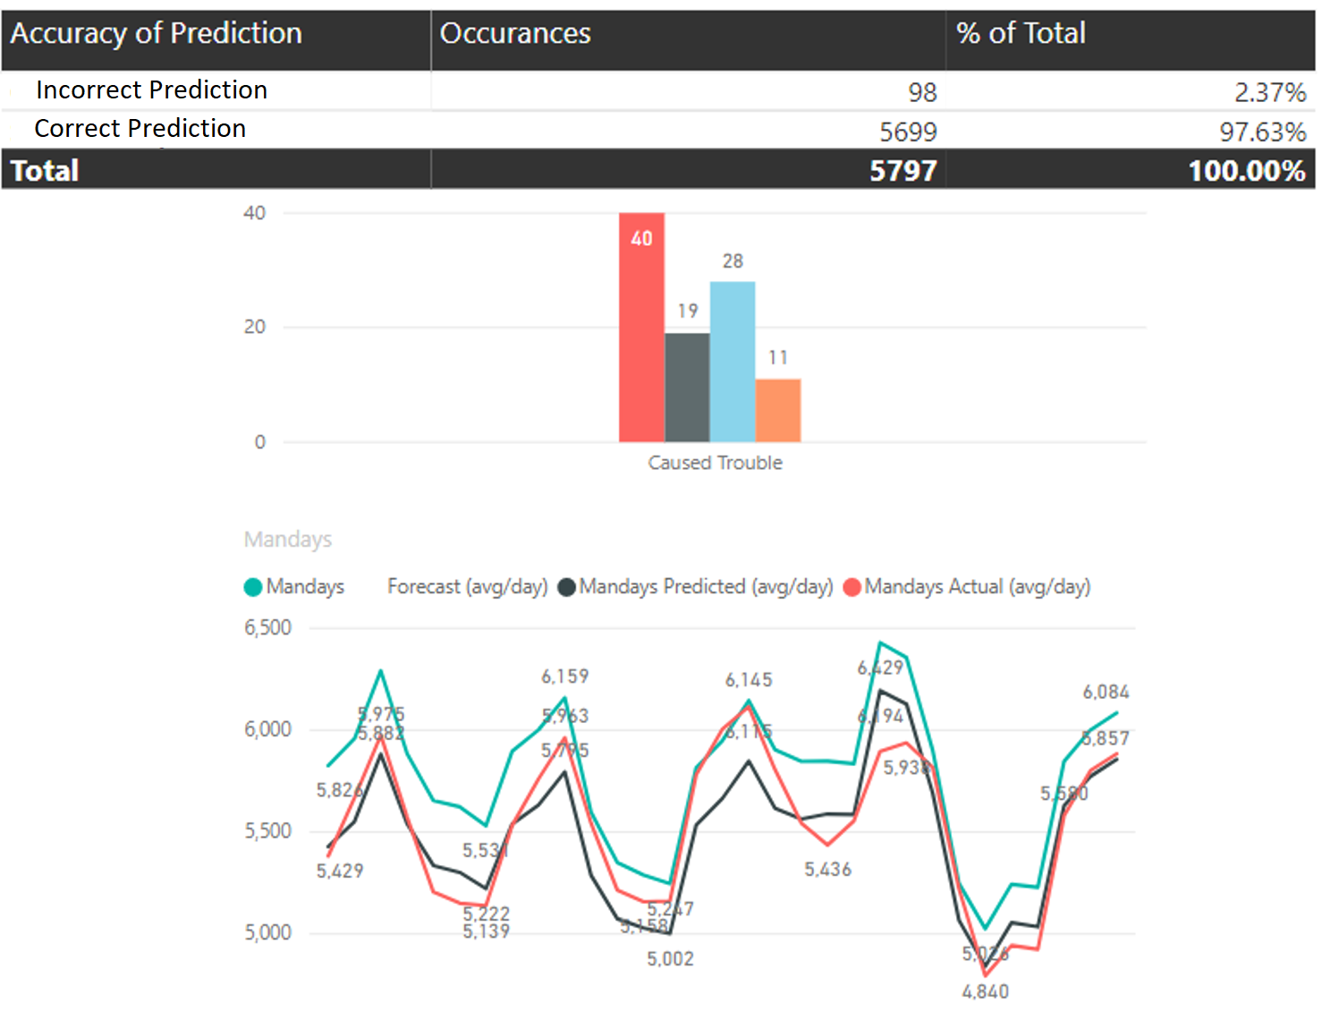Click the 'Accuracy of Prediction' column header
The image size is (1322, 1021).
point(157,34)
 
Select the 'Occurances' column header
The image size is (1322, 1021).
point(515,34)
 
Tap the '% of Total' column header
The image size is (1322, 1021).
point(1021,34)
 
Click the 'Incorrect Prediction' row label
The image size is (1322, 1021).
point(151,90)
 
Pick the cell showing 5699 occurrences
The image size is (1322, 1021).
point(908,132)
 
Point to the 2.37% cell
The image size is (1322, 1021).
point(1270,92)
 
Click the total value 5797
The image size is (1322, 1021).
point(903,170)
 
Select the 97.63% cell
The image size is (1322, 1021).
point(1263,132)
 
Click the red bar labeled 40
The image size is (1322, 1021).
point(641,331)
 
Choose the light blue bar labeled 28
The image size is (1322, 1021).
point(733,362)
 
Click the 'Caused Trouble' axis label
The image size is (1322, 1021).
point(715,463)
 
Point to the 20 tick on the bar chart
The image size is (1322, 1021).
point(255,328)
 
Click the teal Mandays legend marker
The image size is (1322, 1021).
point(253,587)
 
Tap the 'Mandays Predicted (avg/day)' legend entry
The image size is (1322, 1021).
point(705,587)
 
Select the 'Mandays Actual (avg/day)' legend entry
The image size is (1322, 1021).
point(977,587)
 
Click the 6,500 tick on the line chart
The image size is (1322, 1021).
point(268,628)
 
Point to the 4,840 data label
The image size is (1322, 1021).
point(985,991)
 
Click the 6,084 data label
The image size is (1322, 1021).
point(1106,693)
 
